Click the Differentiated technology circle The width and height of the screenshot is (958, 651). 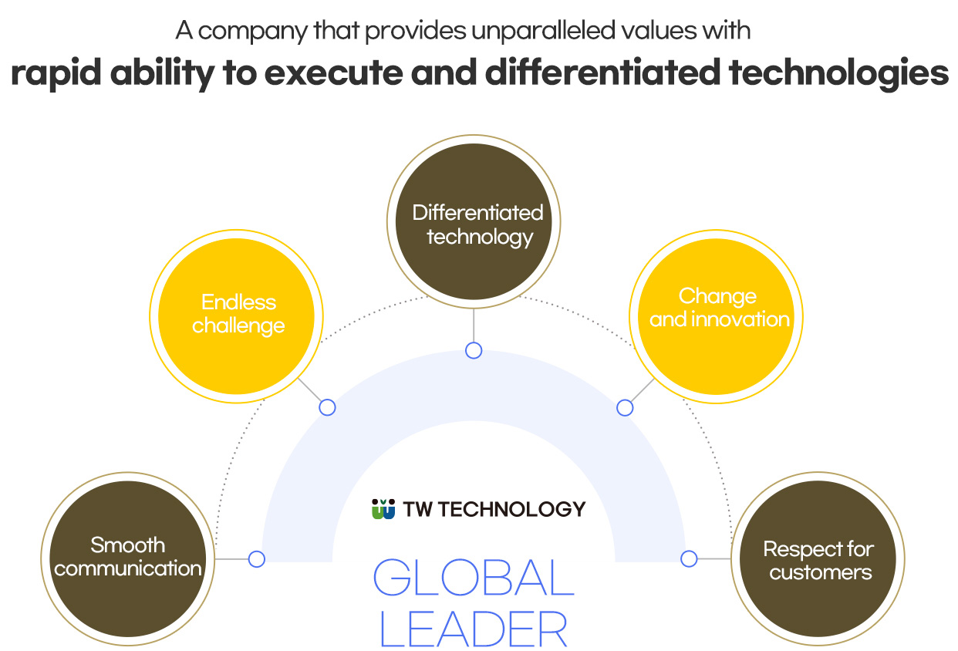[x=474, y=221]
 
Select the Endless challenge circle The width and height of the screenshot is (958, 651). [x=237, y=316]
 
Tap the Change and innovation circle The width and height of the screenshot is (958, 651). [x=716, y=316]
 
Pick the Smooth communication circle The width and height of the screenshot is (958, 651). [x=128, y=558]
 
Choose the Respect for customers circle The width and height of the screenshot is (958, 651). [x=818, y=558]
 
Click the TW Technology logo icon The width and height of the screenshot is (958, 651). [x=383, y=508]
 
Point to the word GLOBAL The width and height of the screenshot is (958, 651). [x=474, y=577]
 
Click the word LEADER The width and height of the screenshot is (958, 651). [x=474, y=629]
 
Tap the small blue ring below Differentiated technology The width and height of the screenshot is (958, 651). [x=474, y=350]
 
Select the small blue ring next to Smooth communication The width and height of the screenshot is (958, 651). [x=257, y=558]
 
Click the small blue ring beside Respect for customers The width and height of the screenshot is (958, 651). [x=689, y=558]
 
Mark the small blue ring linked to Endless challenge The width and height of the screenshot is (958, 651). [x=327, y=407]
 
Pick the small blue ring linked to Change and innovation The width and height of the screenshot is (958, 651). [x=625, y=407]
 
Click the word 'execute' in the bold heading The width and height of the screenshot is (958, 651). [x=333, y=73]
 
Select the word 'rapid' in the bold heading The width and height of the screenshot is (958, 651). [x=56, y=73]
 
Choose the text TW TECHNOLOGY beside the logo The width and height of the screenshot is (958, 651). [x=494, y=509]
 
